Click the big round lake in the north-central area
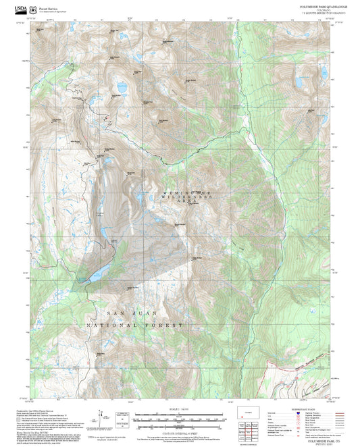[x=122, y=87]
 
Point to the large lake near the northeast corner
[x=299, y=82]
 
